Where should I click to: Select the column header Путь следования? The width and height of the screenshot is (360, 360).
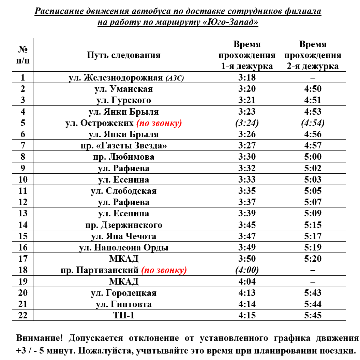coord(123,55)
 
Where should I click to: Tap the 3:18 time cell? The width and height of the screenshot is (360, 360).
coord(247,77)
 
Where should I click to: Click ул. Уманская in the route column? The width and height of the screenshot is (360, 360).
coord(123,89)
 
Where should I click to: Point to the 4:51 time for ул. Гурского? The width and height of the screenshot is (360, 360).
coord(313,100)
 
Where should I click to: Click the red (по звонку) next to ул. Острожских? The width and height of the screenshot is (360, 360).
coord(159,123)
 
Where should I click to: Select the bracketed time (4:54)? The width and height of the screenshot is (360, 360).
coord(313,123)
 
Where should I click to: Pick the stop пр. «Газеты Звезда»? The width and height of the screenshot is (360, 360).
coord(123,145)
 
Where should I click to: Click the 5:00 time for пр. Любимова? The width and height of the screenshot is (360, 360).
coord(313,157)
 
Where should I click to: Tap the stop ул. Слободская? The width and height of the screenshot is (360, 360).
coord(123,191)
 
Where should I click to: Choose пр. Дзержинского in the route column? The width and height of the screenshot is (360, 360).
coord(123,225)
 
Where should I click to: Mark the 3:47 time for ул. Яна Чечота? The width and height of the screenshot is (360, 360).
coord(247,236)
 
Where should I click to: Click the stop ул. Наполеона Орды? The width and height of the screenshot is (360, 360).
coord(123,247)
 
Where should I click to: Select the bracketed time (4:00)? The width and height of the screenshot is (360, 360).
coord(247,270)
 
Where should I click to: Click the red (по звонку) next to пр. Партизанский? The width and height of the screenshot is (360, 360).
coord(164,270)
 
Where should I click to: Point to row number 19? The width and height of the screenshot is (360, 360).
coord(23,282)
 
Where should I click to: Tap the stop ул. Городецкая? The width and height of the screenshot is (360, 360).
coord(123,293)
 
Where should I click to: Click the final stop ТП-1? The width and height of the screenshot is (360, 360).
coord(123,315)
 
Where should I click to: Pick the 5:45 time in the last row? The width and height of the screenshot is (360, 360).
coord(313,315)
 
